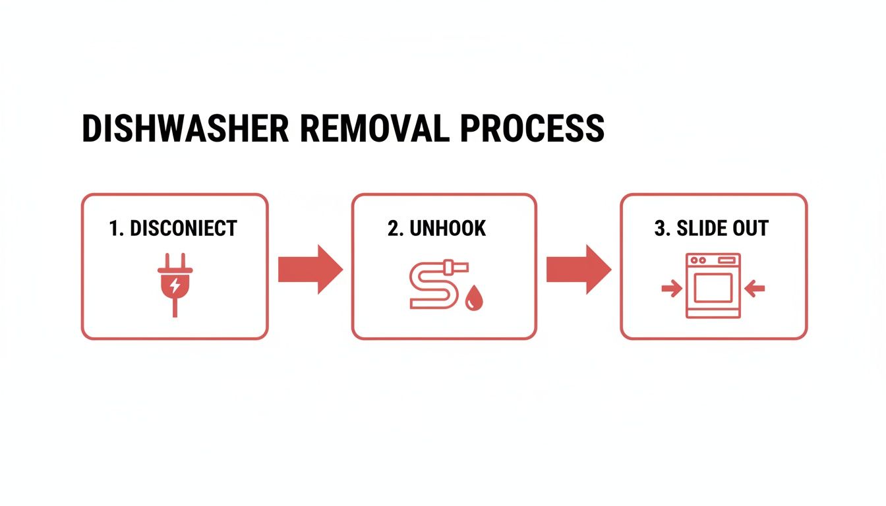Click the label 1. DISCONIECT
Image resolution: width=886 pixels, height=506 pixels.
pos(173,229)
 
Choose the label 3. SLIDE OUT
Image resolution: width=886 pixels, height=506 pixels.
pos(711,229)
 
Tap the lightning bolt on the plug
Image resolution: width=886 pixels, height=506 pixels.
pos(175,286)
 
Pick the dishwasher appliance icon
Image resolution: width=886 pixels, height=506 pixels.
pos(713,286)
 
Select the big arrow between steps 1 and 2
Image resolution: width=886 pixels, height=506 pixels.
pos(310,269)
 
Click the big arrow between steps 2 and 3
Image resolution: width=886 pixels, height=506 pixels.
pos(578,269)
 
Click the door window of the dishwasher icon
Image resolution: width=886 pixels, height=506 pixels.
pos(713,288)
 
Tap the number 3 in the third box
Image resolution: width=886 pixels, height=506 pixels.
pos(659,229)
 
